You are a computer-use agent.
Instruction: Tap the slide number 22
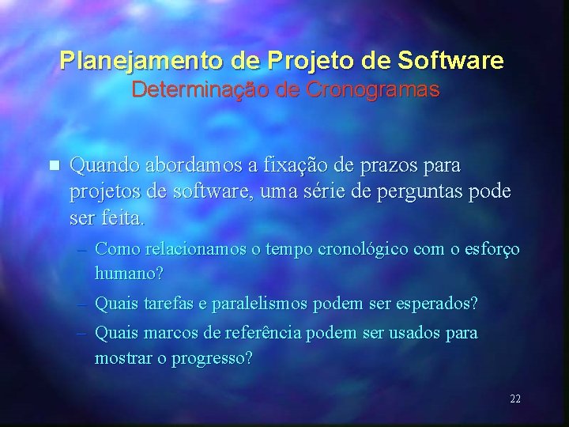[x=515, y=399]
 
